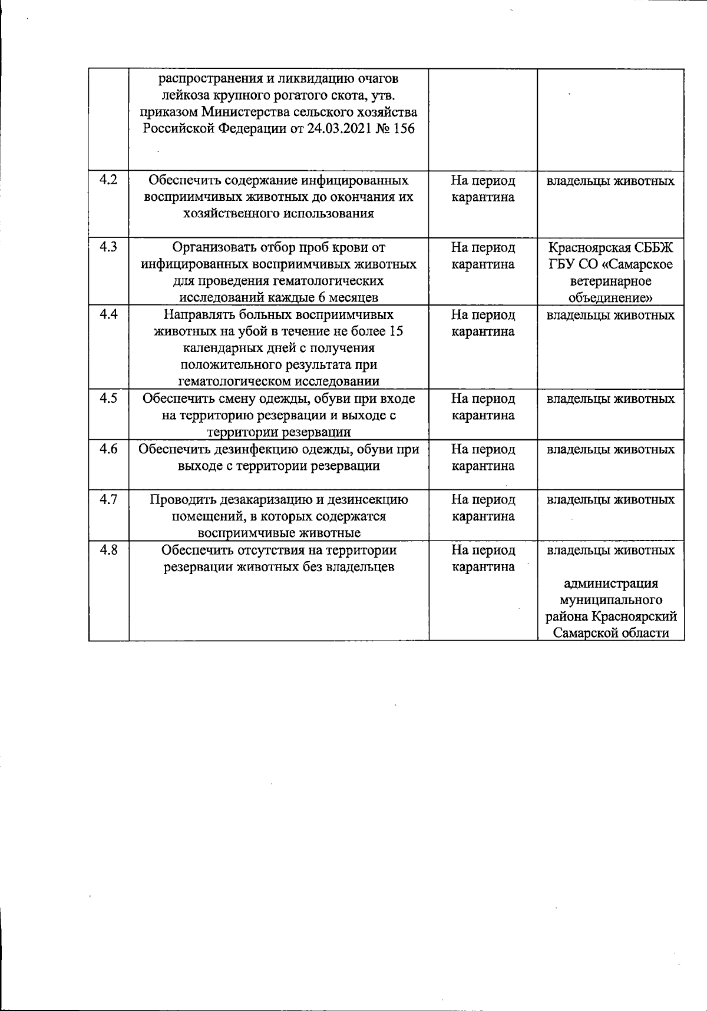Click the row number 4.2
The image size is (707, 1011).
(x=108, y=180)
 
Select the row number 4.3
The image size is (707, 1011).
(x=108, y=247)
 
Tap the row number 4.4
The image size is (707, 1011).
(x=108, y=314)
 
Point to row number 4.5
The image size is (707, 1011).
(x=108, y=399)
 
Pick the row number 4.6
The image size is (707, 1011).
(x=108, y=449)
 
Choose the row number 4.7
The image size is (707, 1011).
(x=108, y=500)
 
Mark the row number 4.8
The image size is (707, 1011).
(x=108, y=551)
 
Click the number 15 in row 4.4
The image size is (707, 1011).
(x=396, y=332)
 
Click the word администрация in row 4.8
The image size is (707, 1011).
(x=610, y=584)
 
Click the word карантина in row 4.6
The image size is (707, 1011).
(x=483, y=466)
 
